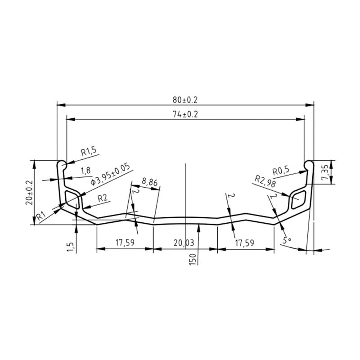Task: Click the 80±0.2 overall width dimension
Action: [184, 99]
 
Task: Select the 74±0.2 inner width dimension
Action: [184, 114]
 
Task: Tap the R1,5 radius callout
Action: [89, 152]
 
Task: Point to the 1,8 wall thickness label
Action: [85, 170]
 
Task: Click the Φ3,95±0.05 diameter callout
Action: [110, 175]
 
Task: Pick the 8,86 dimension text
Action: [149, 182]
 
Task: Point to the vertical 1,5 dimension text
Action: [70, 247]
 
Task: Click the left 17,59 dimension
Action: [125, 243]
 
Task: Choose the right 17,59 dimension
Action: [245, 243]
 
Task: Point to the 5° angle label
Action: [287, 240]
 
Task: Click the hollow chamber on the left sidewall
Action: [72, 198]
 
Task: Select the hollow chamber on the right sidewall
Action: [299, 198]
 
